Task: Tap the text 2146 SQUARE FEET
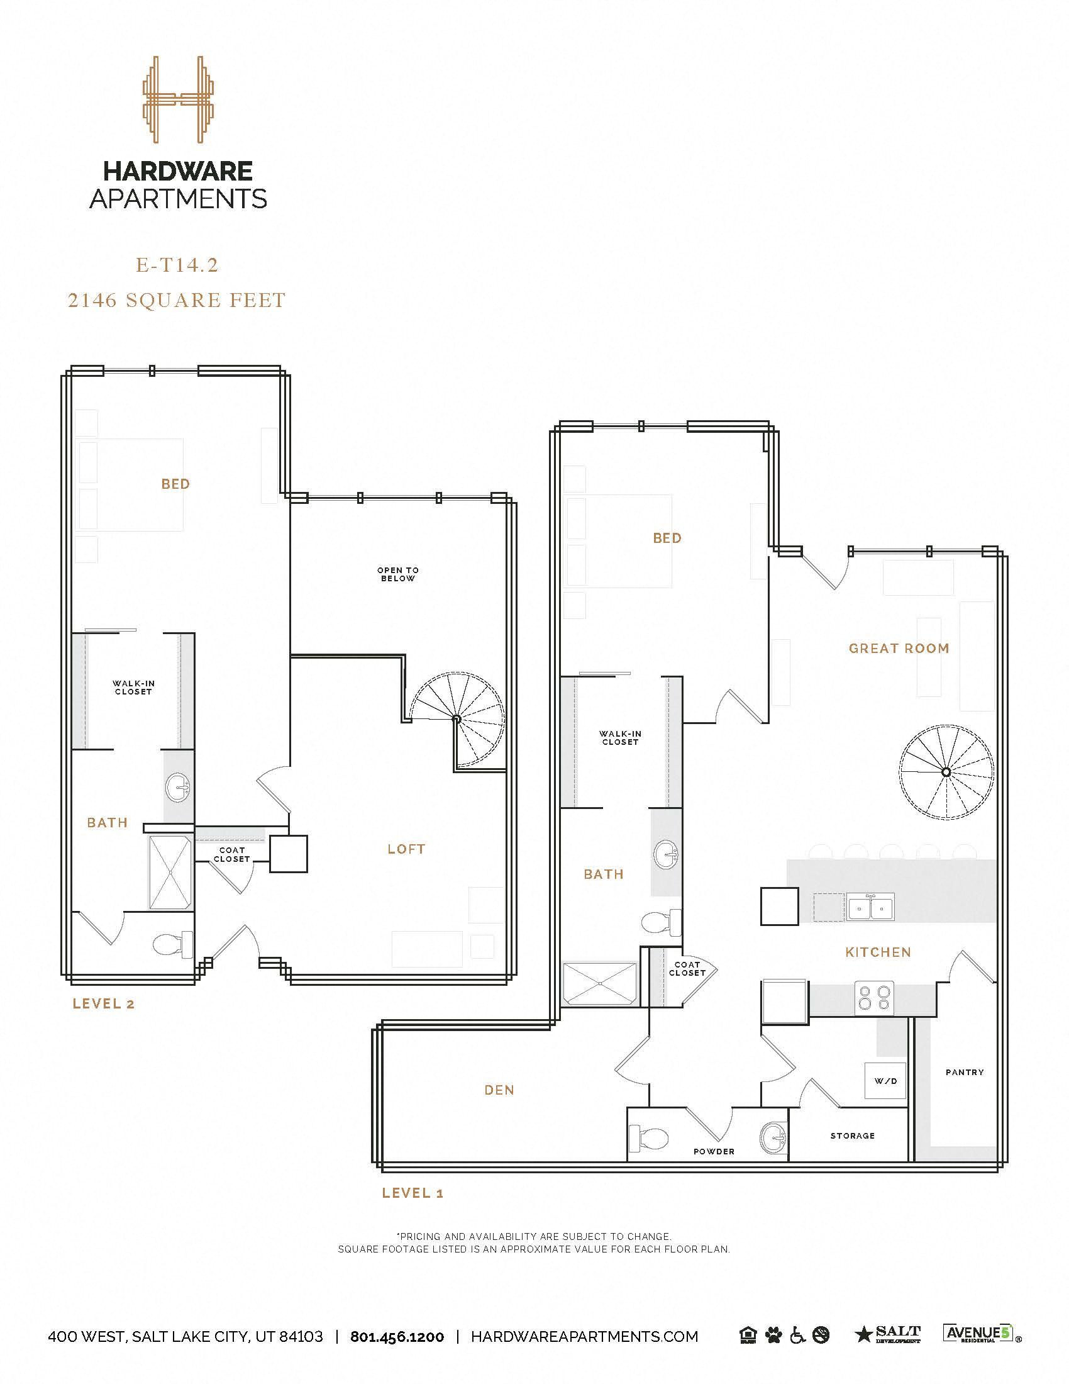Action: [x=177, y=299]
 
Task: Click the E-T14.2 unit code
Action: [x=177, y=265]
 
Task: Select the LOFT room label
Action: [x=407, y=849]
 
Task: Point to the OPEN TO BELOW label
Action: [x=398, y=574]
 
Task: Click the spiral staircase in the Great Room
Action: [x=946, y=772]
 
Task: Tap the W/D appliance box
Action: [x=885, y=1080]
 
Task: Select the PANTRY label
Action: [x=964, y=1072]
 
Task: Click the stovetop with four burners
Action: [x=874, y=995]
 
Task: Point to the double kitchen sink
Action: [x=870, y=907]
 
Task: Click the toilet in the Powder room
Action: [x=649, y=1139]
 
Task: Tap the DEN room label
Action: [x=499, y=1090]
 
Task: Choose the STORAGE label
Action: [x=853, y=1136]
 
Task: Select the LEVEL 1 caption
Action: [x=413, y=1193]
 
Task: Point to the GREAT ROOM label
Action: [x=899, y=648]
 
